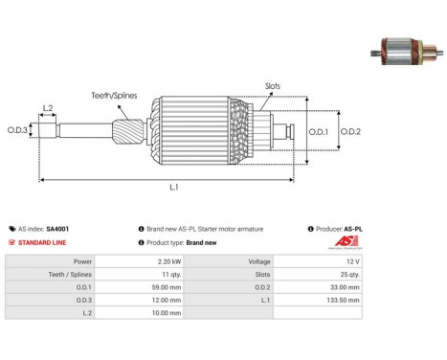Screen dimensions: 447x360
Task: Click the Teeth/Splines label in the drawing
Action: [x=114, y=96]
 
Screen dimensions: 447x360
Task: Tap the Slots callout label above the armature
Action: [x=273, y=86]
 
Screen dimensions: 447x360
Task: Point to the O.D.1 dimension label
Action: [x=319, y=131]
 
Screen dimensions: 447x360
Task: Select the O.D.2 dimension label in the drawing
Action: [x=350, y=131]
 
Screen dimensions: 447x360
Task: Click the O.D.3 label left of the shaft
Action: [x=17, y=130]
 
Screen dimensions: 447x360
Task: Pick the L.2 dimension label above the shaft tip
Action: [x=48, y=108]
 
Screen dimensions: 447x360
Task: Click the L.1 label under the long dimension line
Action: [x=174, y=187]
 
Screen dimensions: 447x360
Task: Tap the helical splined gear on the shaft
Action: [x=128, y=131]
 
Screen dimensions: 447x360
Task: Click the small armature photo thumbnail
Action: [x=407, y=52]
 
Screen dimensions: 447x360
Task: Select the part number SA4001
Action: [x=57, y=229]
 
